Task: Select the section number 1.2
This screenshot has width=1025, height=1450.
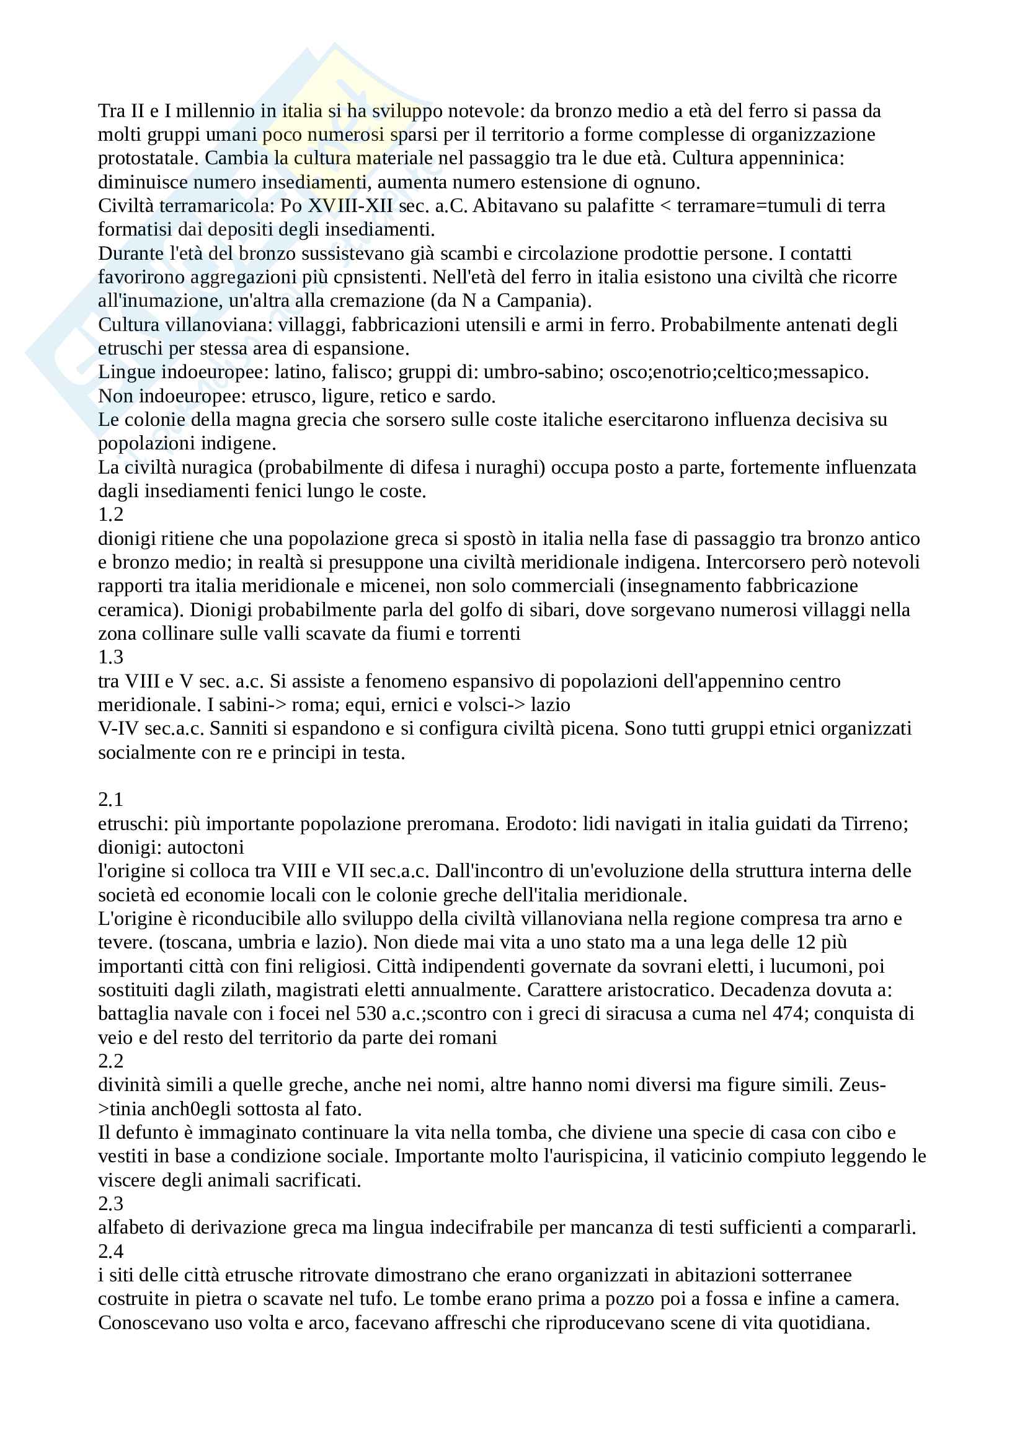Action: point(110,515)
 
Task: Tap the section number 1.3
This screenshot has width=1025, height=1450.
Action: point(110,657)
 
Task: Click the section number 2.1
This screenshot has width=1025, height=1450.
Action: point(110,800)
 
